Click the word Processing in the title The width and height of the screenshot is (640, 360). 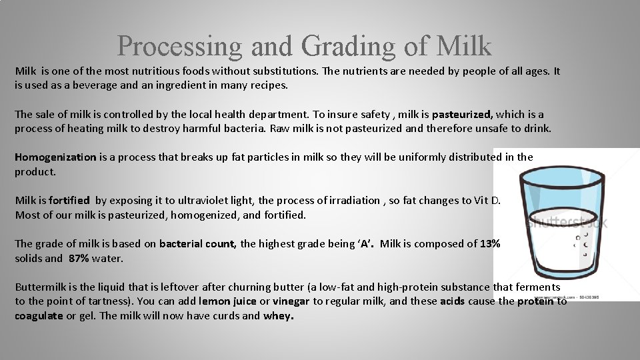(x=179, y=46)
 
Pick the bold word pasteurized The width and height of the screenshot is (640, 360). (x=462, y=114)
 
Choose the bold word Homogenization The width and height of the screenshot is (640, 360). (x=55, y=157)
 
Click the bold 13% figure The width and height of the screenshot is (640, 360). (x=490, y=243)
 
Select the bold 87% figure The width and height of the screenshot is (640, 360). (x=79, y=258)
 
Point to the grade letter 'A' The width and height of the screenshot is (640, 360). (x=365, y=243)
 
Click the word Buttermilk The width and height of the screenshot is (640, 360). (x=40, y=287)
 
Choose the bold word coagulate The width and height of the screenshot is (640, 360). (x=39, y=315)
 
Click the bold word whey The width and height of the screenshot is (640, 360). (x=278, y=315)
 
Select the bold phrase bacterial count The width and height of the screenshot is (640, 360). (x=197, y=243)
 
